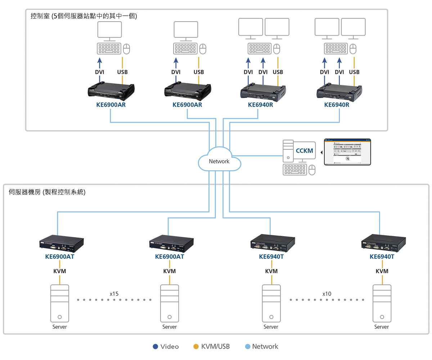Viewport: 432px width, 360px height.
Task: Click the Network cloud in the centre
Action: click(x=219, y=160)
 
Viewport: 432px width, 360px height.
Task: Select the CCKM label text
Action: click(x=305, y=151)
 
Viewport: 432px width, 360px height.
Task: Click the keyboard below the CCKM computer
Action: click(x=295, y=170)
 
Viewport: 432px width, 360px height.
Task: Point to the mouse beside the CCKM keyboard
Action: click(x=312, y=170)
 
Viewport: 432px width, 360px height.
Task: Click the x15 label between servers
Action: click(x=114, y=294)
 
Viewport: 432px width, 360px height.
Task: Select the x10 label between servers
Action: click(x=327, y=294)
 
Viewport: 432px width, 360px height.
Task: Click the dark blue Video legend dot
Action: click(x=155, y=347)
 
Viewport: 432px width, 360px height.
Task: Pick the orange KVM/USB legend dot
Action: click(x=196, y=347)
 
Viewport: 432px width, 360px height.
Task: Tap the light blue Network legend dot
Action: click(x=247, y=347)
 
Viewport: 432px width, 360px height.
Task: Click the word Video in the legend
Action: click(x=170, y=347)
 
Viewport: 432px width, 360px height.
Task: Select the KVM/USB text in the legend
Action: click(x=215, y=347)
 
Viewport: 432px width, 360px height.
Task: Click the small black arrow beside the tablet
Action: click(x=321, y=152)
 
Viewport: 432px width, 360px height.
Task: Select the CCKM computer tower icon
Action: click(x=288, y=151)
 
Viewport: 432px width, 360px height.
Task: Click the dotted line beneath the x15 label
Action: click(x=114, y=300)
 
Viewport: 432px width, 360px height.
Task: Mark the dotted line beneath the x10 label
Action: click(x=327, y=300)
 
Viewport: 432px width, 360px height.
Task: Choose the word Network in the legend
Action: click(x=265, y=347)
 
